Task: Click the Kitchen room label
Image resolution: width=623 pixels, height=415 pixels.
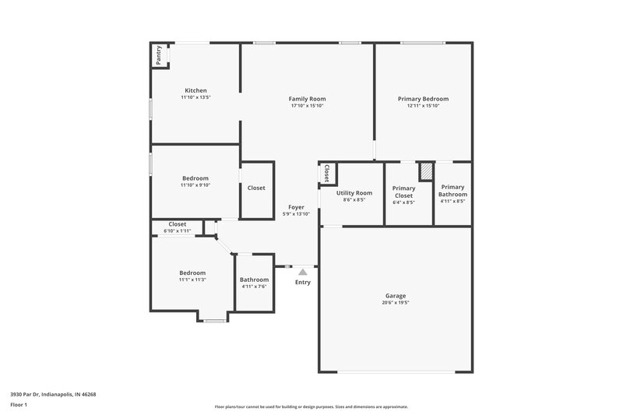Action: [x=195, y=90]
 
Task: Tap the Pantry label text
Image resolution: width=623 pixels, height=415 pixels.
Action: [x=159, y=55]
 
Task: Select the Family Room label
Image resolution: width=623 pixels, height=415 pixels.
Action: [x=307, y=99]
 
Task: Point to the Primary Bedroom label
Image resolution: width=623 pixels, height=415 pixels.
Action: [x=423, y=99]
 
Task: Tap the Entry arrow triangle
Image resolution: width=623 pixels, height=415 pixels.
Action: [x=303, y=271]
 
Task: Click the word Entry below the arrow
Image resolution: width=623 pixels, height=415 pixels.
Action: [x=303, y=282]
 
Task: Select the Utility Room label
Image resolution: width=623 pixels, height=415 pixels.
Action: [x=354, y=193]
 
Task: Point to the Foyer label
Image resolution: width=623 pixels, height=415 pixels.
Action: [x=296, y=207]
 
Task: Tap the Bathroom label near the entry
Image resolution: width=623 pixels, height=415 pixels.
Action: [x=254, y=280]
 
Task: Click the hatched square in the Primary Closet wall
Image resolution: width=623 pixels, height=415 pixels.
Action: [x=426, y=171]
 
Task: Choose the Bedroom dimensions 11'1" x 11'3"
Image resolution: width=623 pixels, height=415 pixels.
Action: [x=192, y=280]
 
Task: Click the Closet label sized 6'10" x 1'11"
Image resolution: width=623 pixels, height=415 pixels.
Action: [x=178, y=224]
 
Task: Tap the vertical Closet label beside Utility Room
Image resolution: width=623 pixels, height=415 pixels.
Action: [x=327, y=173]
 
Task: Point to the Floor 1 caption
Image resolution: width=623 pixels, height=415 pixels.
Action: [x=19, y=406]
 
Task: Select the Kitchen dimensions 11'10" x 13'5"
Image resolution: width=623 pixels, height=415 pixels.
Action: [x=195, y=98]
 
